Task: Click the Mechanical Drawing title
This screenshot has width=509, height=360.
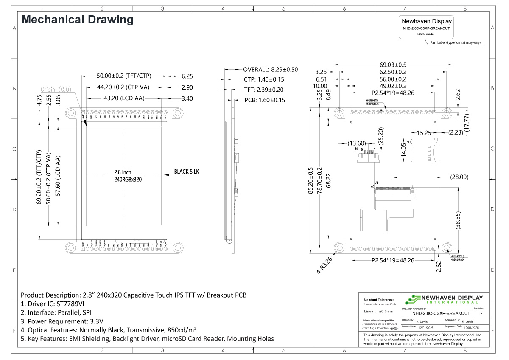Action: pyautogui.click(x=77, y=20)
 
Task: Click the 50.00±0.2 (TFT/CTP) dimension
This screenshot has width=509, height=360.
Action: pyautogui.click(x=124, y=76)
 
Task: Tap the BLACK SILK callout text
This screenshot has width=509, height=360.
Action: pyautogui.click(x=186, y=172)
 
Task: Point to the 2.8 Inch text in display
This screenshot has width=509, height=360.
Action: pyautogui.click(x=123, y=173)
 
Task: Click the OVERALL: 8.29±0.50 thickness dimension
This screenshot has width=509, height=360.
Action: pyautogui.click(x=270, y=69)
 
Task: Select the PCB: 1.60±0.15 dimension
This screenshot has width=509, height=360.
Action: pyautogui.click(x=265, y=100)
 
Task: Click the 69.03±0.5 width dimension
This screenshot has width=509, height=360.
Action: pyautogui.click(x=393, y=65)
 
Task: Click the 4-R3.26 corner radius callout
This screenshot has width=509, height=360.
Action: pyautogui.click(x=324, y=263)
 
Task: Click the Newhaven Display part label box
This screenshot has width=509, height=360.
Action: pyautogui.click(x=426, y=27)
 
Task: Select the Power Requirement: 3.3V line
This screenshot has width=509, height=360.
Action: pyautogui.click(x=62, y=321)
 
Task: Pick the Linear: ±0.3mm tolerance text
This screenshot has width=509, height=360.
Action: pyautogui.click(x=380, y=312)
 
